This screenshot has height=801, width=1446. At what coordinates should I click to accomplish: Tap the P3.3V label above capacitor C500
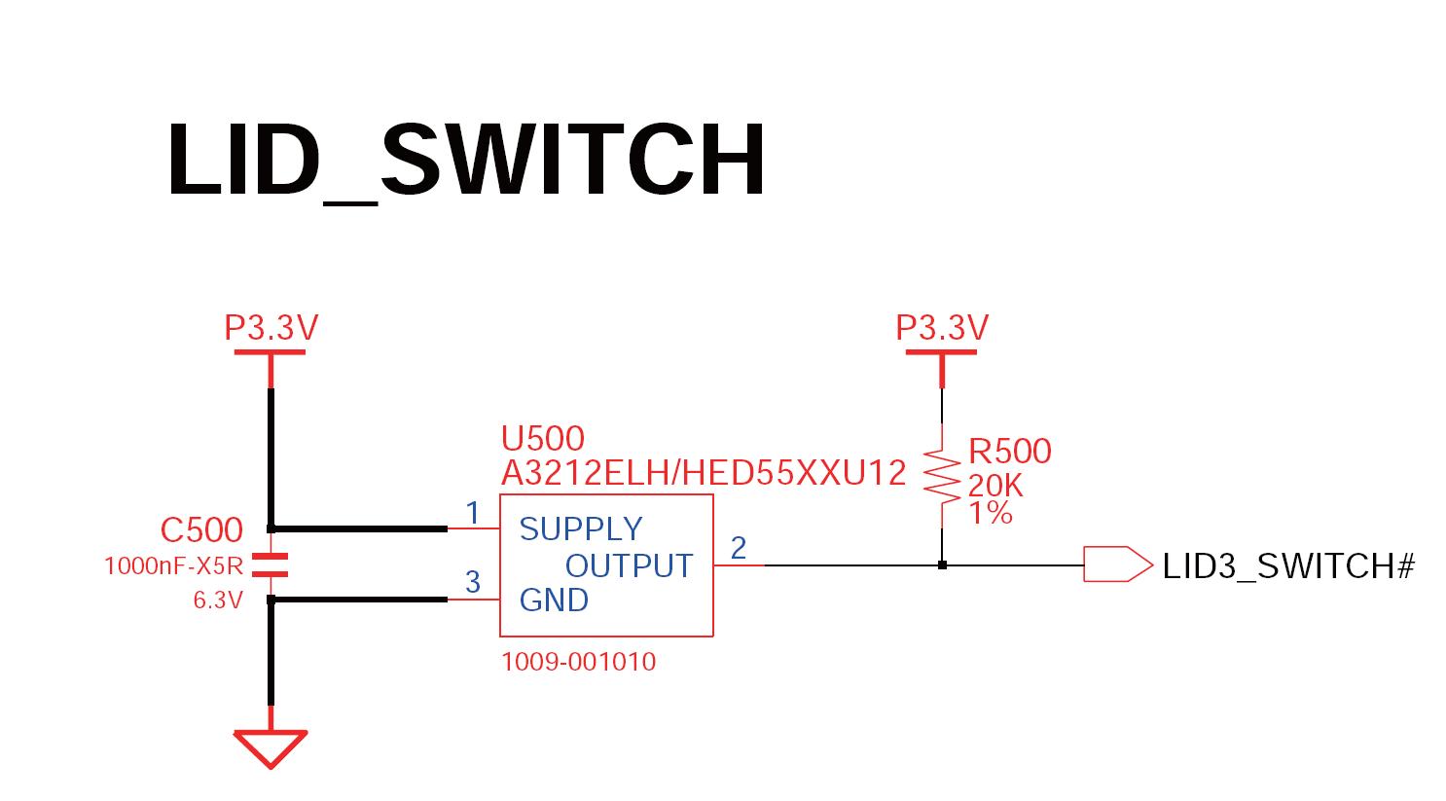click(x=271, y=328)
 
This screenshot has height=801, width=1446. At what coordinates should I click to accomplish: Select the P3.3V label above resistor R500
click(x=941, y=328)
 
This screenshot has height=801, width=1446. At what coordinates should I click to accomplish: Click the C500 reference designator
click(x=201, y=529)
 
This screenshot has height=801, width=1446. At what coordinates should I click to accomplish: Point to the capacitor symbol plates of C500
click(x=271, y=564)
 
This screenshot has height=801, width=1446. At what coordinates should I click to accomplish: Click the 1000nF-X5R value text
click(x=172, y=565)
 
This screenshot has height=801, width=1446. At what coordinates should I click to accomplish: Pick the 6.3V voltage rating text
click(x=217, y=601)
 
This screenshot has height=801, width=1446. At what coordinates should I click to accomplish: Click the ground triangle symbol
click(x=271, y=747)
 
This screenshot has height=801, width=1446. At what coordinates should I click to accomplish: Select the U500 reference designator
click(x=542, y=438)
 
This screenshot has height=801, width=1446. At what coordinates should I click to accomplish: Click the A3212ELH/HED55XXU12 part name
click(x=703, y=473)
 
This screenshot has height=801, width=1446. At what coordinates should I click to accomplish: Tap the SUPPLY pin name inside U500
click(x=581, y=529)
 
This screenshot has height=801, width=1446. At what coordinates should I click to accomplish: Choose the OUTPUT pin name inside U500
click(x=629, y=565)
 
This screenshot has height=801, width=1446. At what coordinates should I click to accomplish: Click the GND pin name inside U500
click(x=554, y=601)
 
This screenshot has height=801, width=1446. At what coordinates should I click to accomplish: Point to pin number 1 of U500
click(x=473, y=513)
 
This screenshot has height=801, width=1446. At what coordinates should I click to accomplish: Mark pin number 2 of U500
click(x=739, y=548)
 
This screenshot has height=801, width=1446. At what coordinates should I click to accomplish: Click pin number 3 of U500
click(x=473, y=582)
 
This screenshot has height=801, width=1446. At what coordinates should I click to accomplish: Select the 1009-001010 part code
click(x=578, y=662)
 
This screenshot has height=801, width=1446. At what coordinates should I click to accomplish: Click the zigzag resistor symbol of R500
click(x=941, y=475)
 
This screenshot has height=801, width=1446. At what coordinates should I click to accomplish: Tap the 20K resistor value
click(x=994, y=485)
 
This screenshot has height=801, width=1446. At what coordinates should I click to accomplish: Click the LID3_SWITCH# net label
click(x=1287, y=565)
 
